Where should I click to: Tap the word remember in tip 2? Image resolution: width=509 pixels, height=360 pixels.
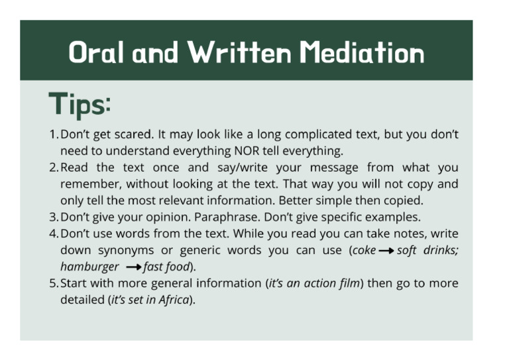pos(87,184)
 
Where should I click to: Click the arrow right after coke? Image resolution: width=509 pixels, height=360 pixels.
pos(386,251)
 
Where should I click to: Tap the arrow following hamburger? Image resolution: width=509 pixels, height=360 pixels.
pos(133,267)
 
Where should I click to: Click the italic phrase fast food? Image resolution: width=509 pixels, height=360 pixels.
pos(167,267)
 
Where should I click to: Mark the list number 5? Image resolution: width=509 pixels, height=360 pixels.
pos(53,283)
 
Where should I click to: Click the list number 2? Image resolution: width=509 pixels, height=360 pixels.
pos(53,167)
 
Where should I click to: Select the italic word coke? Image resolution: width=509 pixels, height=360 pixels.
pos(364,250)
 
